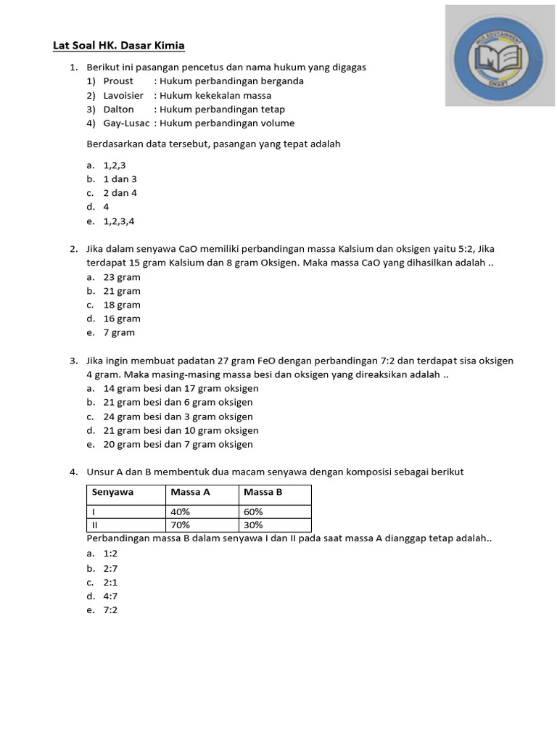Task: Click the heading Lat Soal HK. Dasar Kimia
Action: click(119, 46)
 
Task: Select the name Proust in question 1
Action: click(118, 81)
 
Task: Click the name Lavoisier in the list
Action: click(123, 95)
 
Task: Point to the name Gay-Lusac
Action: click(126, 123)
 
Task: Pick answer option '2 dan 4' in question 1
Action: click(120, 193)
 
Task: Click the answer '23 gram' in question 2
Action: click(122, 277)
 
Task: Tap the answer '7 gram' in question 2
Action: click(119, 333)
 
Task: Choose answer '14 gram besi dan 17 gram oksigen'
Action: click(181, 389)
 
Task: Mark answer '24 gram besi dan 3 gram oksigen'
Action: click(178, 416)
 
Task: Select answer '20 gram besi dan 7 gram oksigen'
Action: click(178, 445)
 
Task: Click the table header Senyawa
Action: click(112, 492)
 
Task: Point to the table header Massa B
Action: click(263, 492)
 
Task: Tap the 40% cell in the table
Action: click(181, 512)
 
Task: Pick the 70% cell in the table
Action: click(181, 525)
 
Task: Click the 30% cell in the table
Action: click(254, 525)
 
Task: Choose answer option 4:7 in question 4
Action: click(111, 596)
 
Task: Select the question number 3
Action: click(74, 361)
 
